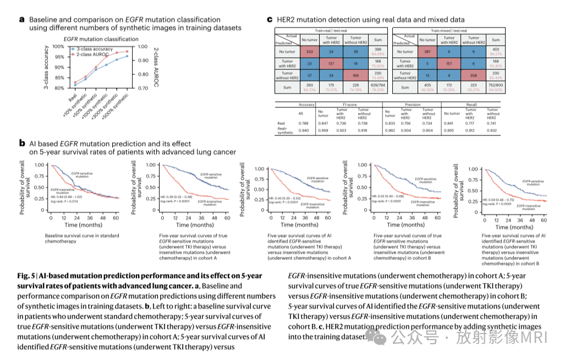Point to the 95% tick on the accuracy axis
click(x=58, y=57)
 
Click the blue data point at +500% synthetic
click(x=127, y=56)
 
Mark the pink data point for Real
click(x=75, y=83)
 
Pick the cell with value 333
click(x=310, y=51)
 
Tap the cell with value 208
click(x=472, y=75)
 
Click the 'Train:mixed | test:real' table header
click(x=449, y=31)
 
